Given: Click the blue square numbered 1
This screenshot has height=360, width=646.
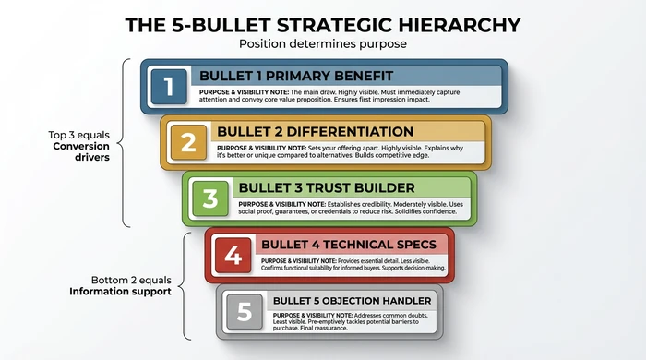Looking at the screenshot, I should [168, 86].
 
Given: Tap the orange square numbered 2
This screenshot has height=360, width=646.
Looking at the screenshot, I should [188, 143].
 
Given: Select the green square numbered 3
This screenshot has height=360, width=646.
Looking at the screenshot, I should [209, 198].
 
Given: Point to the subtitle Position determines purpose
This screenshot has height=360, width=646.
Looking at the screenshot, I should [322, 43].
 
